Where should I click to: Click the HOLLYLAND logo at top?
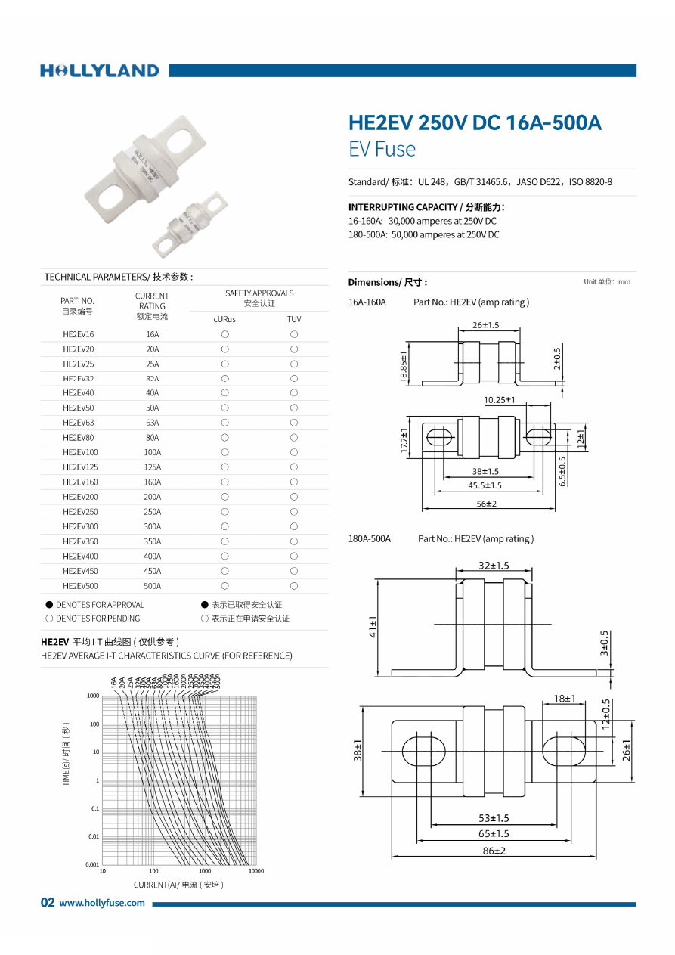(x=100, y=71)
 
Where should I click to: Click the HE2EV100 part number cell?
(x=80, y=452)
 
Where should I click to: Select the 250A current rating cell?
(x=153, y=512)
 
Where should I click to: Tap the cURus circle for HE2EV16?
(x=224, y=334)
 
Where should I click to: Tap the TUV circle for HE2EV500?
(x=294, y=586)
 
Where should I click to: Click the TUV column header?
(x=294, y=319)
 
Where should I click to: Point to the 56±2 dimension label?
(x=486, y=504)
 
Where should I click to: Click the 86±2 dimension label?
(x=494, y=851)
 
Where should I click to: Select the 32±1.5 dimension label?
(x=494, y=565)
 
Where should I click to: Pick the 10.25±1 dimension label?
(x=499, y=399)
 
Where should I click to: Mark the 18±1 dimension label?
(x=565, y=699)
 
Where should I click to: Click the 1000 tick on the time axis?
(x=93, y=696)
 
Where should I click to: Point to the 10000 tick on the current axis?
(x=256, y=871)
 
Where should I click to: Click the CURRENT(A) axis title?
(x=178, y=885)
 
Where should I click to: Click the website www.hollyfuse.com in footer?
(x=102, y=903)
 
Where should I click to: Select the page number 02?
(x=48, y=903)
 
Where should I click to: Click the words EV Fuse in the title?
(x=382, y=149)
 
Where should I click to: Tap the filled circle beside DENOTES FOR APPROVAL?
(x=49, y=605)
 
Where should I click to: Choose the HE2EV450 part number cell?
(x=80, y=571)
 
